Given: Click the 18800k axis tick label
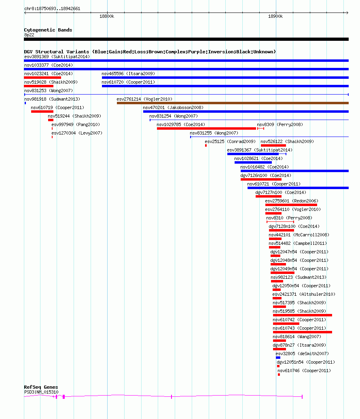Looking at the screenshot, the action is (x=107, y=16).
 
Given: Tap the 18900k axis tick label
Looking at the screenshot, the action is (x=275, y=16).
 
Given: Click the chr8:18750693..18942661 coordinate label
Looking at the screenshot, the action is (x=52, y=8).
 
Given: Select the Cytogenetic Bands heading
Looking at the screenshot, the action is (x=48, y=30).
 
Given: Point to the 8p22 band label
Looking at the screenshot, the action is (x=29, y=35).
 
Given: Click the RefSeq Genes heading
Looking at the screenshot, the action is (x=41, y=387).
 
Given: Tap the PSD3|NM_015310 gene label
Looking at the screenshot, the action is (x=41, y=392).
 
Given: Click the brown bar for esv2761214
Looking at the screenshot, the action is (x=233, y=103).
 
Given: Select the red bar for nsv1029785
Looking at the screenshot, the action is (x=206, y=128).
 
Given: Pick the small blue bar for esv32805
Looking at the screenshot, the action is (x=278, y=358).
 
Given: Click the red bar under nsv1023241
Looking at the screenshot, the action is (x=42, y=78).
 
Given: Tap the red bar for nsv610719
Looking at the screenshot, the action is (x=42, y=112).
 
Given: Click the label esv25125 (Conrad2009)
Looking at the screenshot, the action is (x=230, y=141).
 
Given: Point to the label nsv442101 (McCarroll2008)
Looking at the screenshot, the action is (x=299, y=235).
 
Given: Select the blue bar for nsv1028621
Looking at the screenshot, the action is (x=253, y=162).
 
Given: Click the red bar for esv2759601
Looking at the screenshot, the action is (x=291, y=205).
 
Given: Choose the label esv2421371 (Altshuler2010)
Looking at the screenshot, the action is (x=304, y=294).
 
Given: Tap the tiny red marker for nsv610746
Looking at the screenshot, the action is (x=279, y=375).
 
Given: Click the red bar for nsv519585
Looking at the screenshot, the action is (x=303, y=315).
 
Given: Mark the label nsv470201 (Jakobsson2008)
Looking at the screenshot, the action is (x=173, y=107).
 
